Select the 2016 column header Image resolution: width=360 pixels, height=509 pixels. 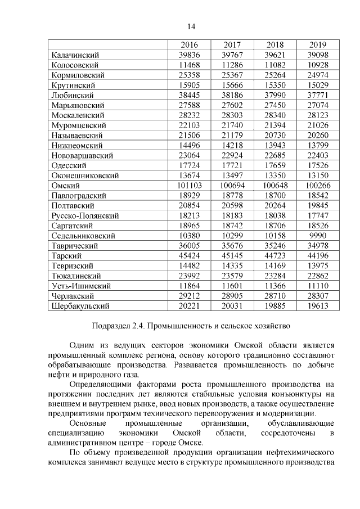coord(189,45)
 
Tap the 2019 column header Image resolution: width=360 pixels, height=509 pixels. coord(318,45)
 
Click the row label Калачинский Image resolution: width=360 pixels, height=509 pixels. coord(75,55)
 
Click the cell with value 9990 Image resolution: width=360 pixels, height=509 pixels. coord(318,236)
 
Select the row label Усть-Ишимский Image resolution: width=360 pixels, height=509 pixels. coord(81,286)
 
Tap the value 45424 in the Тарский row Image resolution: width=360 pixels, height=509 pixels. coord(189,256)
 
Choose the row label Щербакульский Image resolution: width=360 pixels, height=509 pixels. coord(80,306)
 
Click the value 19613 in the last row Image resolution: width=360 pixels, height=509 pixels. coord(318,306)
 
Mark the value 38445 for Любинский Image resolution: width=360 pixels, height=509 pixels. coord(189,95)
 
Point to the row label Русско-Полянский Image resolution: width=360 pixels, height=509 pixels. coord(85,215)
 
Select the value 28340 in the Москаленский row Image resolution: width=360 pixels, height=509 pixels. coord(276,115)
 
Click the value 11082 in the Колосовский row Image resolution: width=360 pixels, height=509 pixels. coord(276,65)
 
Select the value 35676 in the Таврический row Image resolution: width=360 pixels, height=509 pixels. coord(232,246)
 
